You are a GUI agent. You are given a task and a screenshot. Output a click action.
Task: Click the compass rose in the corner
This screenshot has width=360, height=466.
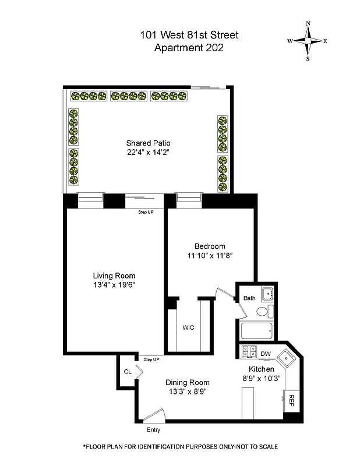tap(308, 41)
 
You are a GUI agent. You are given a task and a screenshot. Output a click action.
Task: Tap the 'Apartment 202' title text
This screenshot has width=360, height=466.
tap(188, 48)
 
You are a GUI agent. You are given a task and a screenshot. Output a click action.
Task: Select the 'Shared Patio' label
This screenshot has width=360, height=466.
tap(148, 143)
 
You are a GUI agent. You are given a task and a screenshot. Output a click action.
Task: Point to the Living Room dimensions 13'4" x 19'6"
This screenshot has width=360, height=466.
tap(114, 285)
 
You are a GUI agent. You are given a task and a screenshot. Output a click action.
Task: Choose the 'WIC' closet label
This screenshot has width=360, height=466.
tap(188, 328)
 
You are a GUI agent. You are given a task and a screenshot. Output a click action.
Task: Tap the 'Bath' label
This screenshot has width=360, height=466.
tap(249, 298)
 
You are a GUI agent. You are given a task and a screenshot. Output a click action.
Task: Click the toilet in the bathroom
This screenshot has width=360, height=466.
tap(263, 313)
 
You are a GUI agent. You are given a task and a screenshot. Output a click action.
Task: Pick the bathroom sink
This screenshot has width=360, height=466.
tap(267, 294)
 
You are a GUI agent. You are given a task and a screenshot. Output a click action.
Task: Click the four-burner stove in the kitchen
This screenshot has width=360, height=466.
tap(249, 352)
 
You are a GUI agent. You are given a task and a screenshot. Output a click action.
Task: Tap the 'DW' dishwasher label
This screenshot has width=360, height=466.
tap(266, 354)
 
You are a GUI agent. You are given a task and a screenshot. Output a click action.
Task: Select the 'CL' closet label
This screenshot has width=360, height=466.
tap(127, 372)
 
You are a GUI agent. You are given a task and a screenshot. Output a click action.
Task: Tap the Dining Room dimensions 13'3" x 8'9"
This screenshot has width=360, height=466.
tap(189, 391)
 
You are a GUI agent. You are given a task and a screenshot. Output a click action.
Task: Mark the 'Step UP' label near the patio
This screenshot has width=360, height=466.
tap(146, 212)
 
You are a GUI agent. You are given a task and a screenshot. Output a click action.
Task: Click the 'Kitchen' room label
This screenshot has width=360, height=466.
tap(261, 369)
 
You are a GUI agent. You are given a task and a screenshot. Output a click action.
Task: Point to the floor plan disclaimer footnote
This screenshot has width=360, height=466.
tap(180, 446)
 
